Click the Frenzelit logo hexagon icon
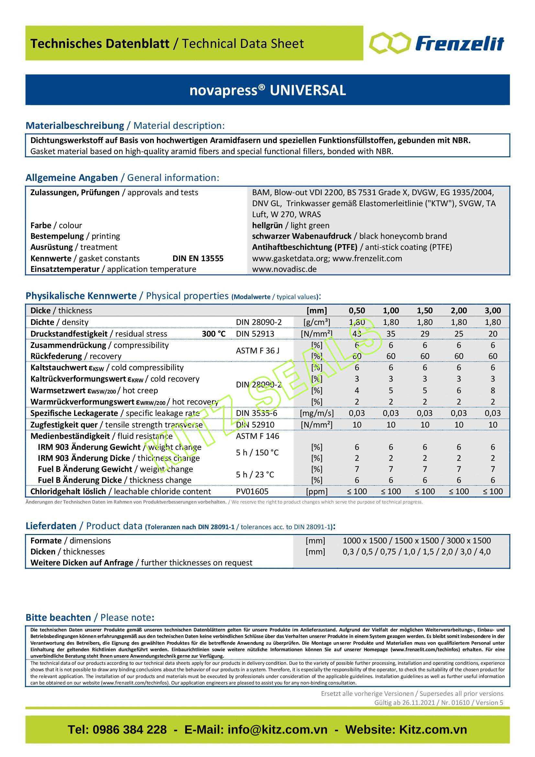click(x=390, y=43)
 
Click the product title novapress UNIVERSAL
click(x=267, y=90)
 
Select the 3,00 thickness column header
click(x=493, y=311)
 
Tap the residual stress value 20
click(x=493, y=334)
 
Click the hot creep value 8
click(x=493, y=390)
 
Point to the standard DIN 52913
click(x=255, y=334)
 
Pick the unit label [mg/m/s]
click(x=317, y=413)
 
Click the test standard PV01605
click(x=252, y=491)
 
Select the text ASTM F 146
click(x=257, y=436)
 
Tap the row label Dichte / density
click(x=59, y=322)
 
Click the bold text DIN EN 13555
click(x=198, y=259)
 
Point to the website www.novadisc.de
click(x=284, y=269)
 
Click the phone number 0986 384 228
click(x=129, y=729)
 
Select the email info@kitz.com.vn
click(x=277, y=729)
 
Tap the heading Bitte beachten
click(x=58, y=618)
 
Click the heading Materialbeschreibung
click(x=75, y=126)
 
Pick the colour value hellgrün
click(x=267, y=226)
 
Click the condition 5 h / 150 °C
click(x=257, y=452)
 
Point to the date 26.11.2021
click(x=418, y=702)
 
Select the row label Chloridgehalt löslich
click(x=68, y=491)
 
